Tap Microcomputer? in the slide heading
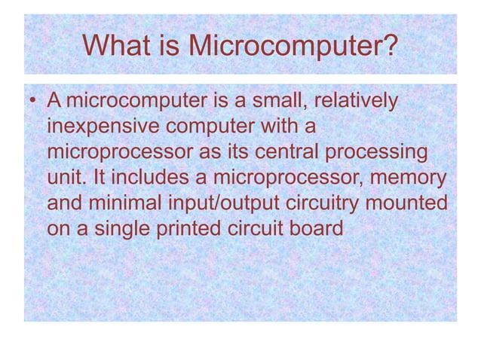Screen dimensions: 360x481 coord(292,47)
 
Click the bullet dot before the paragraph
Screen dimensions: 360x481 coord(32,101)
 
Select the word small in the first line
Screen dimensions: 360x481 coord(277,100)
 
